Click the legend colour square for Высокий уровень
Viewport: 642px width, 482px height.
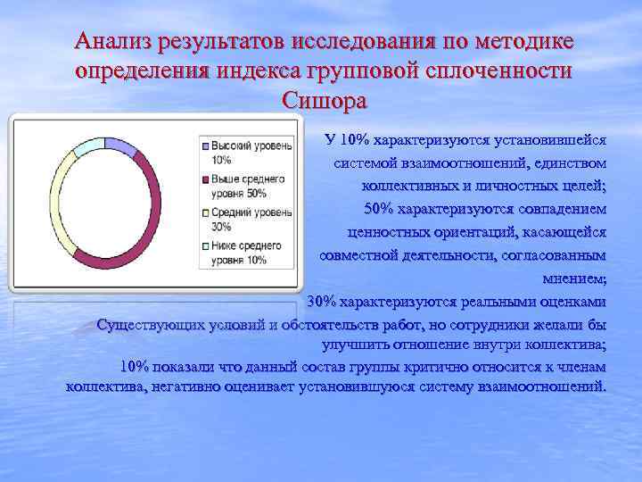(x=205, y=145)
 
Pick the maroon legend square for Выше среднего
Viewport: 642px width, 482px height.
(x=205, y=179)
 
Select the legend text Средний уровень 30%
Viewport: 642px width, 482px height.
(x=251, y=219)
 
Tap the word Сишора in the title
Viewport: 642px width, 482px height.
(x=324, y=99)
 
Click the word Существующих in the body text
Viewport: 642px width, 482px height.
(x=152, y=323)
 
